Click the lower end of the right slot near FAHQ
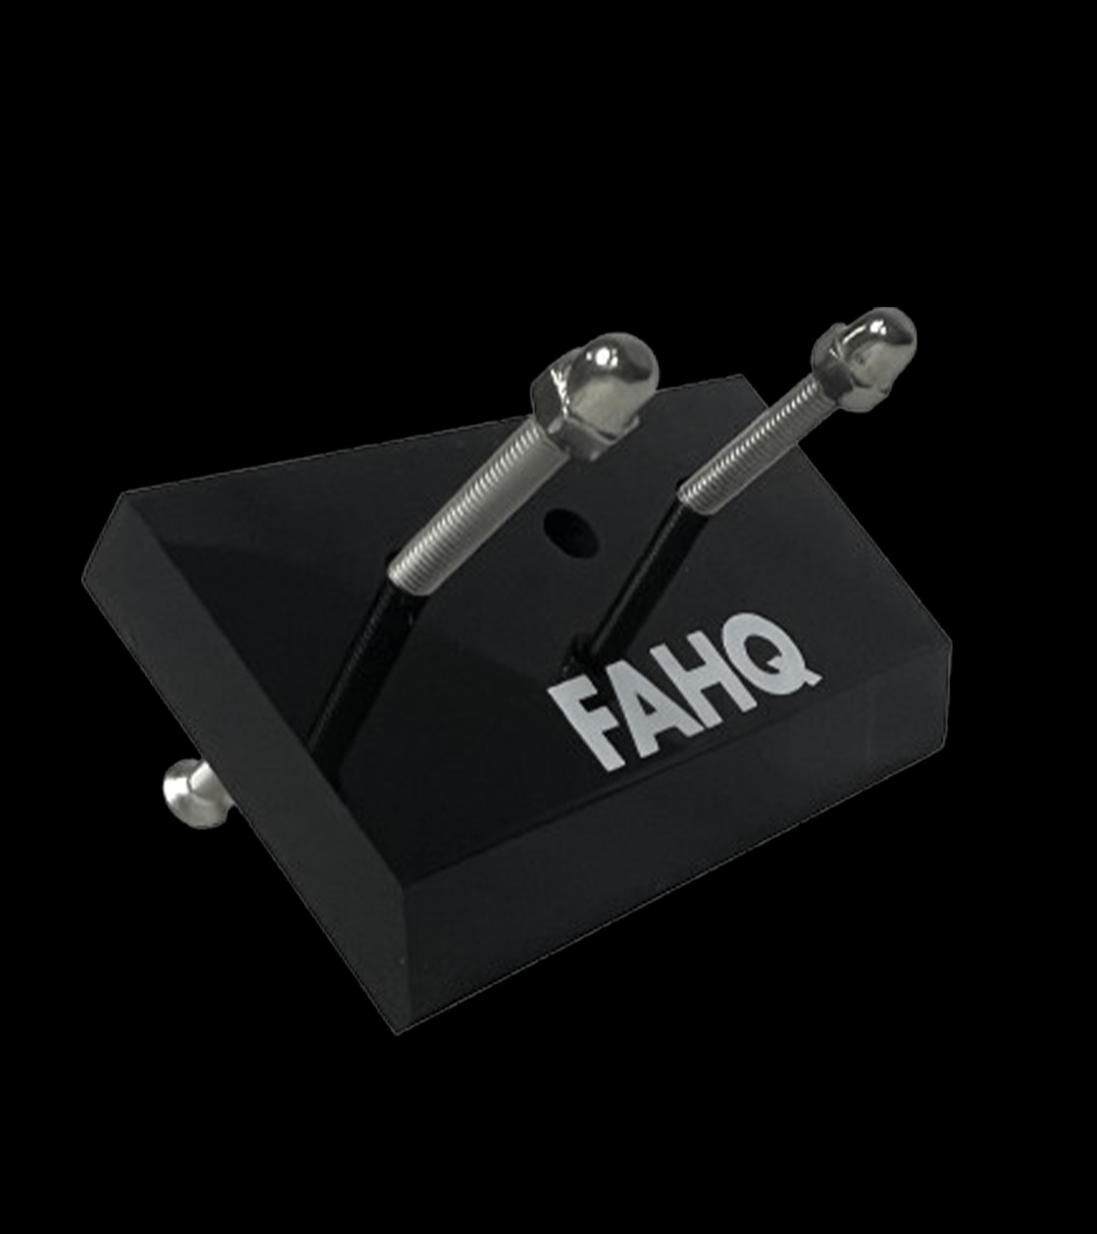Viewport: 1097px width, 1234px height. click(x=580, y=655)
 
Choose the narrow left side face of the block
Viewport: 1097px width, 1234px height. click(x=242, y=755)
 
